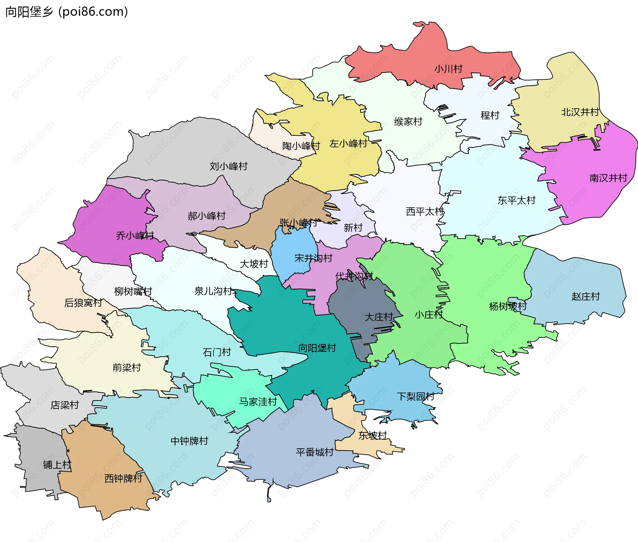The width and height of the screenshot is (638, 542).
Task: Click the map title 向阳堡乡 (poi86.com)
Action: [x=66, y=12]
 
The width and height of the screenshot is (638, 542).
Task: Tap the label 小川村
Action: [x=448, y=69]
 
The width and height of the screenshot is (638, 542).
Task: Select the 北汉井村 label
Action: [x=580, y=112]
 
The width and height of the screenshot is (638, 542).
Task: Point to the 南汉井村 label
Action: [x=608, y=178]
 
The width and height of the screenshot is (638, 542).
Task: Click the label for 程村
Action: [x=490, y=115]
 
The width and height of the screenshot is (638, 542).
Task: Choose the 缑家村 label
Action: [x=408, y=122]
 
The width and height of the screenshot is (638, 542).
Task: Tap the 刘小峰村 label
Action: [x=228, y=166]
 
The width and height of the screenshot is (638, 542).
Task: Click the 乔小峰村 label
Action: [x=135, y=236]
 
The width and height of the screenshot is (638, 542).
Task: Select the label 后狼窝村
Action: [x=83, y=303]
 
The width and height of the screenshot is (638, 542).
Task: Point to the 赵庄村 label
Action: [x=585, y=296]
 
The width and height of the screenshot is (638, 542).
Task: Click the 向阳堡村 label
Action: [x=317, y=348]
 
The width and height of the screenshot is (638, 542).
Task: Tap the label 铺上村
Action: [x=57, y=465]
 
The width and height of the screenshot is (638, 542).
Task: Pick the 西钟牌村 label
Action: [x=123, y=478]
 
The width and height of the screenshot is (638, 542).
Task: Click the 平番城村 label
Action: [x=314, y=452]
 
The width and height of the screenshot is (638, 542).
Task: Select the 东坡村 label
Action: [x=372, y=435]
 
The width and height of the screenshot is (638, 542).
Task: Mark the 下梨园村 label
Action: [x=415, y=396]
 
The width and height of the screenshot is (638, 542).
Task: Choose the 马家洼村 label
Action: [x=258, y=402]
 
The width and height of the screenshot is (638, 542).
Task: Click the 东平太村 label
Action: [x=516, y=200]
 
